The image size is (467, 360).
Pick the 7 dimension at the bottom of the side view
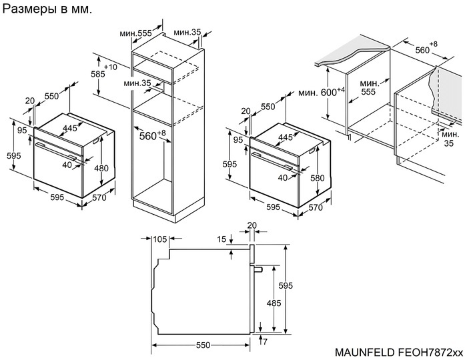point(266,341)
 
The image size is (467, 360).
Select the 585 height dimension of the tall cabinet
point(98,74)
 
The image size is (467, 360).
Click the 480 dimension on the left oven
point(101,168)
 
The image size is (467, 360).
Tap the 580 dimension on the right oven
point(318,179)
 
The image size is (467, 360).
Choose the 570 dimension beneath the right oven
point(315,207)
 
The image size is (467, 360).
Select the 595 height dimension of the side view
point(286,286)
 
